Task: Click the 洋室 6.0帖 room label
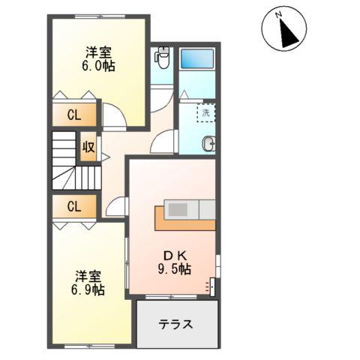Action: (x=98, y=58)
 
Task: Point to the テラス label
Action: (x=176, y=325)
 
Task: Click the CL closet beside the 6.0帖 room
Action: (x=73, y=115)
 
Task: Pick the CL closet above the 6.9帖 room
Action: (x=73, y=207)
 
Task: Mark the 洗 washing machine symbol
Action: (x=205, y=112)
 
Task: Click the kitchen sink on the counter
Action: (x=179, y=209)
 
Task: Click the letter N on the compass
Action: (x=277, y=14)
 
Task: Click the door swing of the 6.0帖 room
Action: (x=115, y=116)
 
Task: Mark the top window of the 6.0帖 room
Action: (x=98, y=16)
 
